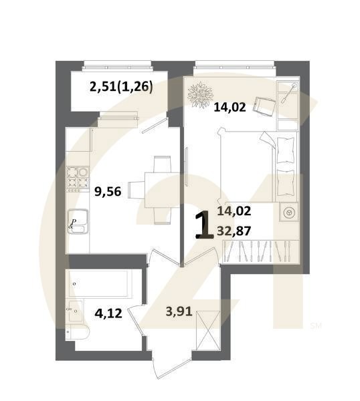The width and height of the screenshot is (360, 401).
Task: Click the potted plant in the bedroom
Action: click(199, 96)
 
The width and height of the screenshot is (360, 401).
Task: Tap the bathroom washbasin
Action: click(74, 309)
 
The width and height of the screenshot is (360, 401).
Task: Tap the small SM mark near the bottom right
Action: click(316, 325)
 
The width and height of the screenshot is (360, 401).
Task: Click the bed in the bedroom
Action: click(248, 164)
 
